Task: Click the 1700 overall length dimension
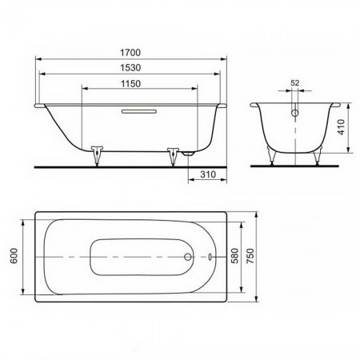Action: (x=130, y=53)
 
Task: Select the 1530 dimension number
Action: (x=130, y=68)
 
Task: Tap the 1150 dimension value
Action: (x=130, y=84)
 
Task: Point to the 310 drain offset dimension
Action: (x=208, y=174)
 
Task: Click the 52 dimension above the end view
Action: (x=295, y=83)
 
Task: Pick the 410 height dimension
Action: (x=342, y=127)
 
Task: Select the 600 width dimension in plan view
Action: (x=14, y=256)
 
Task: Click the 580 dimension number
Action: (x=235, y=256)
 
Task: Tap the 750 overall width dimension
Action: (x=250, y=256)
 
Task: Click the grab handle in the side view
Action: (x=139, y=111)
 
